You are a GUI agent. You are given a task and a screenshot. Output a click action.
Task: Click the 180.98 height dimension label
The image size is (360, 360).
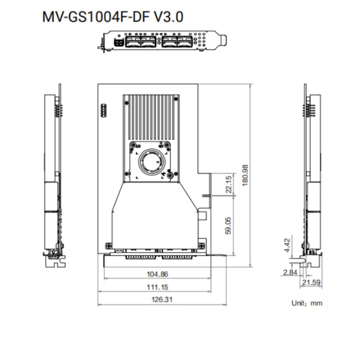tap(245, 175)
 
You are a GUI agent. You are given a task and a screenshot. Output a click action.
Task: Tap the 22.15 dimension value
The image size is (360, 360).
tap(228, 185)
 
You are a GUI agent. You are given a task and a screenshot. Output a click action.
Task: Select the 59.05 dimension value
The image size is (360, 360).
tap(228, 226)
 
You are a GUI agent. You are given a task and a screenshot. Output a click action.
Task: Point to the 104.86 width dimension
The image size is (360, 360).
tap(157, 274)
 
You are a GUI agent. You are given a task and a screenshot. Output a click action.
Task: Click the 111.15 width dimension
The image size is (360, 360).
tap(157, 287)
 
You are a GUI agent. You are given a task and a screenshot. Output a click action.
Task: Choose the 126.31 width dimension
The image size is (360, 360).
tap(162, 300)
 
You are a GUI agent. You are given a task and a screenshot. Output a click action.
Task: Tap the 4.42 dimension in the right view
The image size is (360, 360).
tap(287, 245)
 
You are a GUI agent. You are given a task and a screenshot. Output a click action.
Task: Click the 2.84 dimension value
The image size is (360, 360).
tap(290, 273)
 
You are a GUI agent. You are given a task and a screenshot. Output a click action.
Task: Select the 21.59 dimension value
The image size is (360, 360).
tap(311, 282)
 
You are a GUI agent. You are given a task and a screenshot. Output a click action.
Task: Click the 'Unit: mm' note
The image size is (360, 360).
tap(307, 303)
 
